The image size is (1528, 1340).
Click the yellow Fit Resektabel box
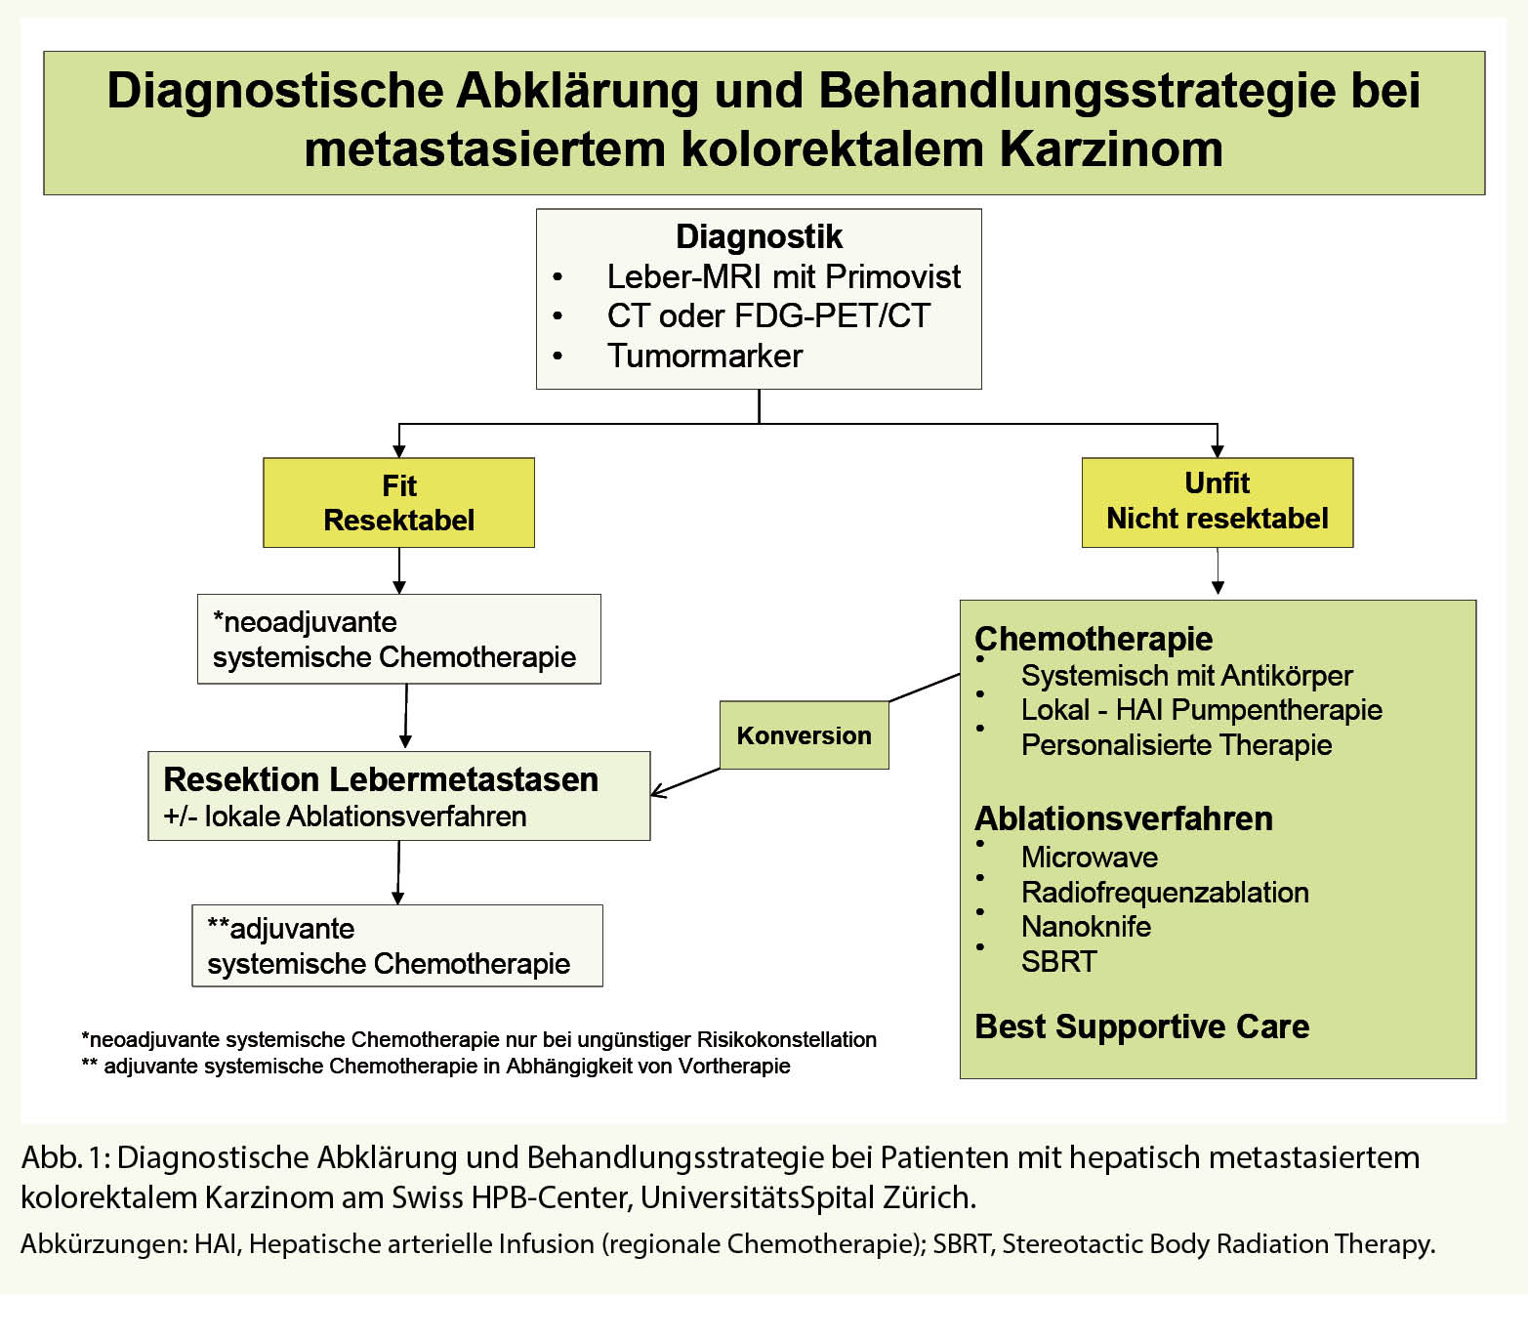(398, 502)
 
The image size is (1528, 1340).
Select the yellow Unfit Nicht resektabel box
(1217, 501)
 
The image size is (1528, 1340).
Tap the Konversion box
(804, 735)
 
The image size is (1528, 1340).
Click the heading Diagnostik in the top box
(759, 236)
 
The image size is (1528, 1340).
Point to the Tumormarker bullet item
(704, 356)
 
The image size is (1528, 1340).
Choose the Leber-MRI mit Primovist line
(783, 276)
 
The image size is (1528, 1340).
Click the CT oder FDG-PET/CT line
(767, 315)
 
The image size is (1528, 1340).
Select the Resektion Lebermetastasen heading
(381, 779)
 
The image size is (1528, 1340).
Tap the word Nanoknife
(1086, 926)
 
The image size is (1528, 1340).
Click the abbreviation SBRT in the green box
(1058, 961)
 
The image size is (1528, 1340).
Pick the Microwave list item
(1089, 857)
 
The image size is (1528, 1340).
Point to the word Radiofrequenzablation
(1164, 892)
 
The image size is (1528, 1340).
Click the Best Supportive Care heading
(1141, 1026)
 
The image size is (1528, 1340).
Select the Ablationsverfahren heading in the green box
(1123, 818)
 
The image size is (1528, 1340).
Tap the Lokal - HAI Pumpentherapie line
(1201, 710)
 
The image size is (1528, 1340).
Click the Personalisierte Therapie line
(1176, 744)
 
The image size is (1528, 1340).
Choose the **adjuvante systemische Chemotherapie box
(396, 945)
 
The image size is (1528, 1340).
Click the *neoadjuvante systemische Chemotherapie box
(398, 639)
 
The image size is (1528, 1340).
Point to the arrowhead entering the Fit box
(398, 450)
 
